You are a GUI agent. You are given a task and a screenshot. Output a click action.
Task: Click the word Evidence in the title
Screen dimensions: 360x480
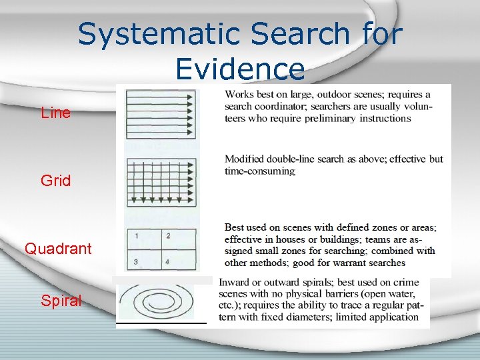click(x=239, y=69)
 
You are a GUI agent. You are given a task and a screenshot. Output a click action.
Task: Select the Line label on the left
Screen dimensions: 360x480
click(x=55, y=113)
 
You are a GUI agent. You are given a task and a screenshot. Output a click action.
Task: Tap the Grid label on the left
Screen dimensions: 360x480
click(x=55, y=181)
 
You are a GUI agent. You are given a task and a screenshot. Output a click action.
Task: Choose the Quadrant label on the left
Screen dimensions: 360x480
click(x=58, y=249)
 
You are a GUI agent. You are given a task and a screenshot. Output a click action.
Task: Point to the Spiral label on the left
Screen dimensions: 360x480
click(x=61, y=301)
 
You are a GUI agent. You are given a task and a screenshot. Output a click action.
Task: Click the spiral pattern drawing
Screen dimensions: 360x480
click(x=162, y=302)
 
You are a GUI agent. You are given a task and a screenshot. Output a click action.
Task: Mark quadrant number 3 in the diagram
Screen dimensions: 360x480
click(x=136, y=261)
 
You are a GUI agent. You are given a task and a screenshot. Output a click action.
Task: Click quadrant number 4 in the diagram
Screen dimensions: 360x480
click(x=168, y=261)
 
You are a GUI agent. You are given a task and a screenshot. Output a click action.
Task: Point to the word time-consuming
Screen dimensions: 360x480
click(x=260, y=171)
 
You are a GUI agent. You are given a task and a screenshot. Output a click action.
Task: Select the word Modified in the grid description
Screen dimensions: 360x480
click(x=244, y=159)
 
